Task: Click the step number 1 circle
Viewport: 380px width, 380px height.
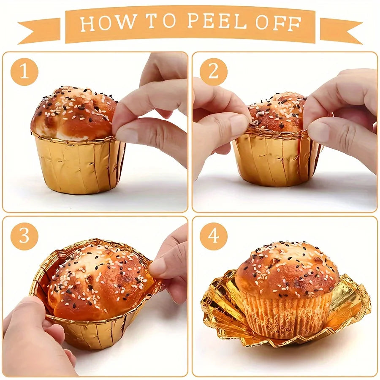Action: [x=24, y=71]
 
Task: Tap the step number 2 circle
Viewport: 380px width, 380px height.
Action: [x=214, y=71]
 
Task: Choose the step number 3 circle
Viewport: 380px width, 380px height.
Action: [x=24, y=236]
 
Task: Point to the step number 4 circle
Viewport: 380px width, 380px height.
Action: [x=214, y=236]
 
